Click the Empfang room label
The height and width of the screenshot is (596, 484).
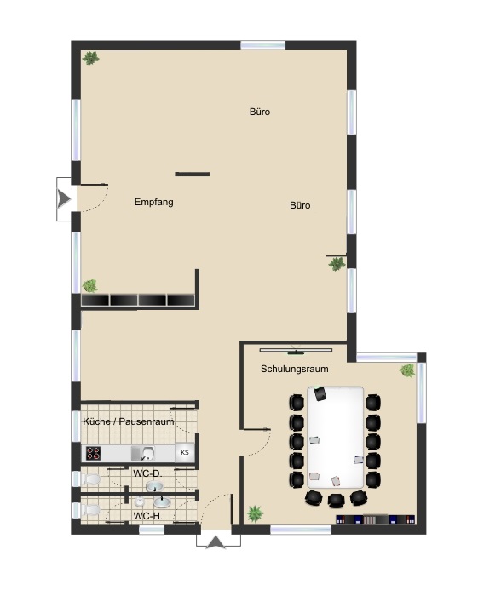(154, 203)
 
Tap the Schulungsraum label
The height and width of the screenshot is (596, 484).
(294, 369)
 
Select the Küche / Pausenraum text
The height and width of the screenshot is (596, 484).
(129, 421)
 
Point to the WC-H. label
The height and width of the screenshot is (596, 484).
(148, 516)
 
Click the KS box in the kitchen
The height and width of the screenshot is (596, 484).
(183, 453)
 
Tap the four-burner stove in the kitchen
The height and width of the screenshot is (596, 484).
(93, 453)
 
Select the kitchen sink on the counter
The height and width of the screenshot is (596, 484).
(147, 453)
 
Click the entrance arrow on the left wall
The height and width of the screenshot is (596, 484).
(63, 198)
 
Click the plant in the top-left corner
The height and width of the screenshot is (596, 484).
(90, 58)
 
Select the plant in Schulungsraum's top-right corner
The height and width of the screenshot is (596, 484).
(408, 370)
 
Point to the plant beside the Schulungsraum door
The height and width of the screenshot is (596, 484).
(254, 513)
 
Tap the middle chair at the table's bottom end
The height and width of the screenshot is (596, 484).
(335, 499)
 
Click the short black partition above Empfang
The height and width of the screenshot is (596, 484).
(192, 174)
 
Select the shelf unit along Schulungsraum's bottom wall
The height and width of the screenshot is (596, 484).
(375, 519)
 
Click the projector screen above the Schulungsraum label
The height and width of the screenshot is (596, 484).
(296, 348)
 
